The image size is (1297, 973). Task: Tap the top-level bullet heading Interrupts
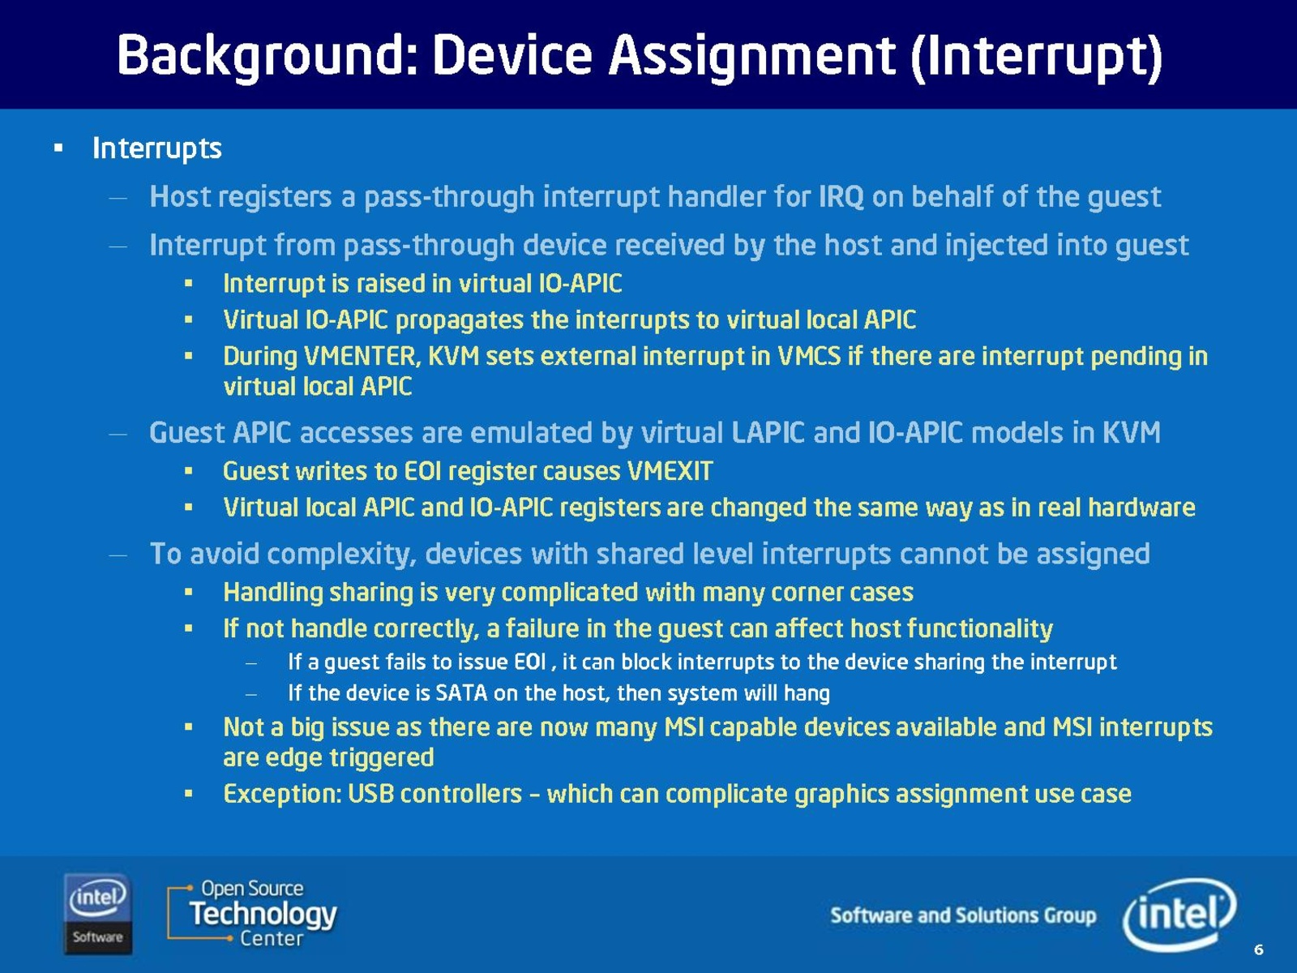pos(157,148)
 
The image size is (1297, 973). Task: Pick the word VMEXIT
pos(670,471)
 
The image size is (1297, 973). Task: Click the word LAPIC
pos(768,432)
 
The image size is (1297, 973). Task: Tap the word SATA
pos(461,693)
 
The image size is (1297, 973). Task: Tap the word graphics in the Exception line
pos(841,795)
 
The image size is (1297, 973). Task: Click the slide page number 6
pos(1259,949)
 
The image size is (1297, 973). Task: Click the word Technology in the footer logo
pos(263,915)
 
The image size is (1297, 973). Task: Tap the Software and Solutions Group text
pos(963,915)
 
